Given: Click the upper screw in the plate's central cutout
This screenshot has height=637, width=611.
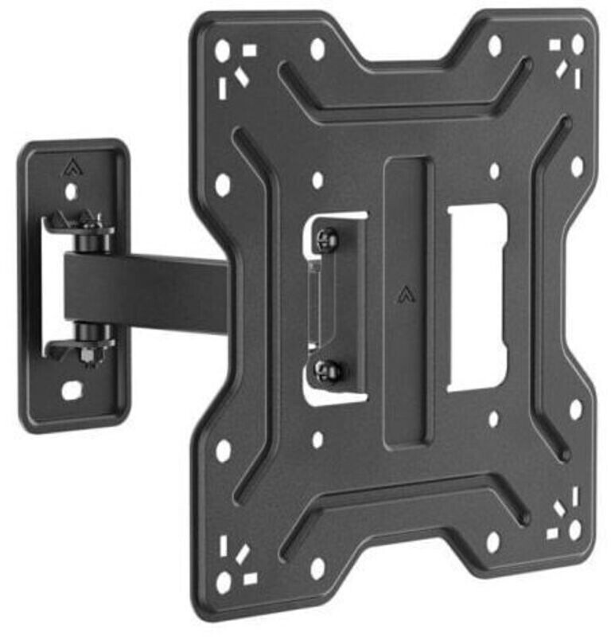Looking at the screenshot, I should [x=326, y=238].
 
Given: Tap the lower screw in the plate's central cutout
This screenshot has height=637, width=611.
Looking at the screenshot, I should [x=326, y=368].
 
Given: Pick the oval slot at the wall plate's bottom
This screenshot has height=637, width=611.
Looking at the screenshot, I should [x=72, y=391].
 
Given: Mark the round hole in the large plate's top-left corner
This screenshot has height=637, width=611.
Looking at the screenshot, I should [x=222, y=52].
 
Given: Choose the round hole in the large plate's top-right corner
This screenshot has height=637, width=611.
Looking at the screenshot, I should [x=577, y=43].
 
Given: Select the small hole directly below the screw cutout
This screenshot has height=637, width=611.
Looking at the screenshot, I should [x=317, y=440].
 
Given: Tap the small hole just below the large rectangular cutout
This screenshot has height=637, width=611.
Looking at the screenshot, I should [x=493, y=418].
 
